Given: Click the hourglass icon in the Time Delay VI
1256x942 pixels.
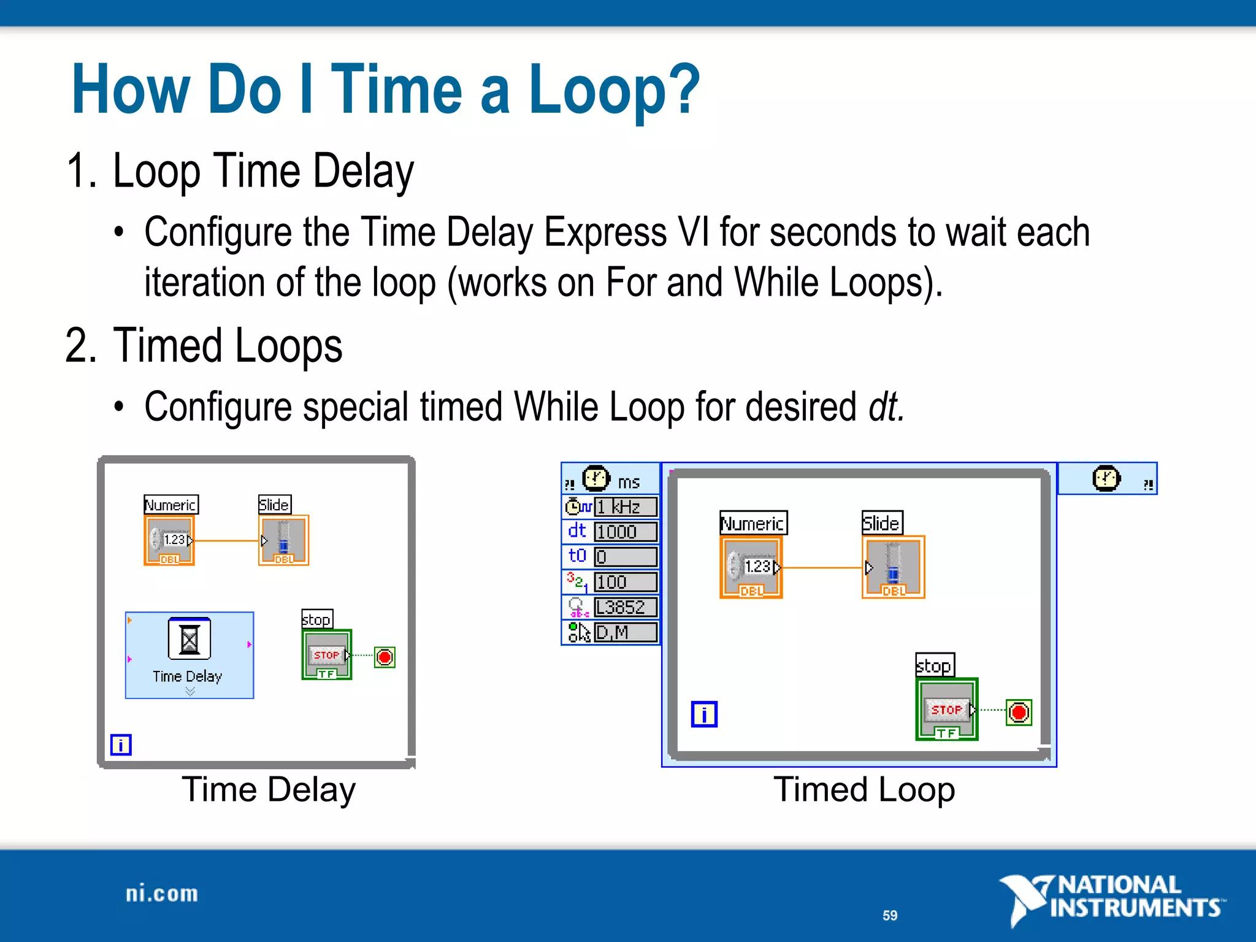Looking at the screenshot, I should tap(189, 640).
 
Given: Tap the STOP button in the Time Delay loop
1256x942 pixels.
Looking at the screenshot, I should tap(326, 655).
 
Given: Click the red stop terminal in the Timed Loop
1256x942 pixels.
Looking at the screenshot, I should tap(1019, 713).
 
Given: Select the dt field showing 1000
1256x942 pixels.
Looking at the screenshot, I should tap(626, 532).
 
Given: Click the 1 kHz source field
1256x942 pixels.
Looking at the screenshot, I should tap(626, 507).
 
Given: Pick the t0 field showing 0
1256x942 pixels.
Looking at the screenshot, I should tap(626, 557).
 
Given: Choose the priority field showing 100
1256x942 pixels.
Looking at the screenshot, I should tap(626, 582).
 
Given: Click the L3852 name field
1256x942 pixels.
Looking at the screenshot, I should tap(626, 607).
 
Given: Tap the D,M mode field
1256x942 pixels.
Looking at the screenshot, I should tap(626, 632).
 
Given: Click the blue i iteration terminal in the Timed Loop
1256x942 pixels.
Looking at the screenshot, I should tap(704, 714).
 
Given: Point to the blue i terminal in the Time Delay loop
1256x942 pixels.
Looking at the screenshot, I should tap(121, 745).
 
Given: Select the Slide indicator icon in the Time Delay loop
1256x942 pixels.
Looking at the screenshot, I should tap(283, 540).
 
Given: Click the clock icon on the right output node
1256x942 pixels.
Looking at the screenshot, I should tap(1106, 478).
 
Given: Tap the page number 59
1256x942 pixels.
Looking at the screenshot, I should tap(890, 916).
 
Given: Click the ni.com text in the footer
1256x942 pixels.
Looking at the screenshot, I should tap(162, 894).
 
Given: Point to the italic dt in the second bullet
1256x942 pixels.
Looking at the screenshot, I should tap(886, 407).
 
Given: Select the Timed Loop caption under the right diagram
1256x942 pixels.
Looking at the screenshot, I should tap(864, 789).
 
